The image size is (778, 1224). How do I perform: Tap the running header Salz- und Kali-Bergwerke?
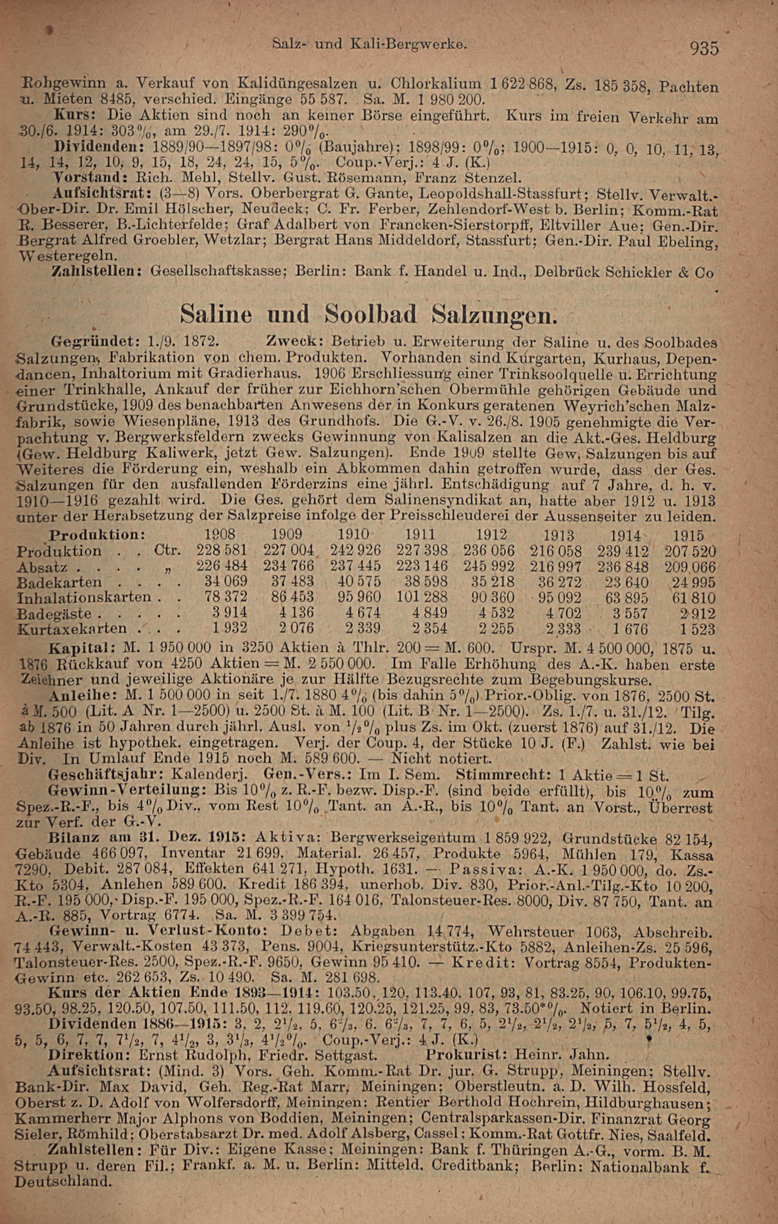coord(369,45)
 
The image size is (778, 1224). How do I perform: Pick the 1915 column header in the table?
coord(688,536)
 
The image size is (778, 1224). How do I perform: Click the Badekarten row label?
coord(60,582)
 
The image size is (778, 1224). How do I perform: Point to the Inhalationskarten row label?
coord(84,597)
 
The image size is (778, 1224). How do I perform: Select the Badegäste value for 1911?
coord(430,613)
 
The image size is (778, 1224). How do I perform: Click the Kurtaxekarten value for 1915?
coord(698,629)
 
